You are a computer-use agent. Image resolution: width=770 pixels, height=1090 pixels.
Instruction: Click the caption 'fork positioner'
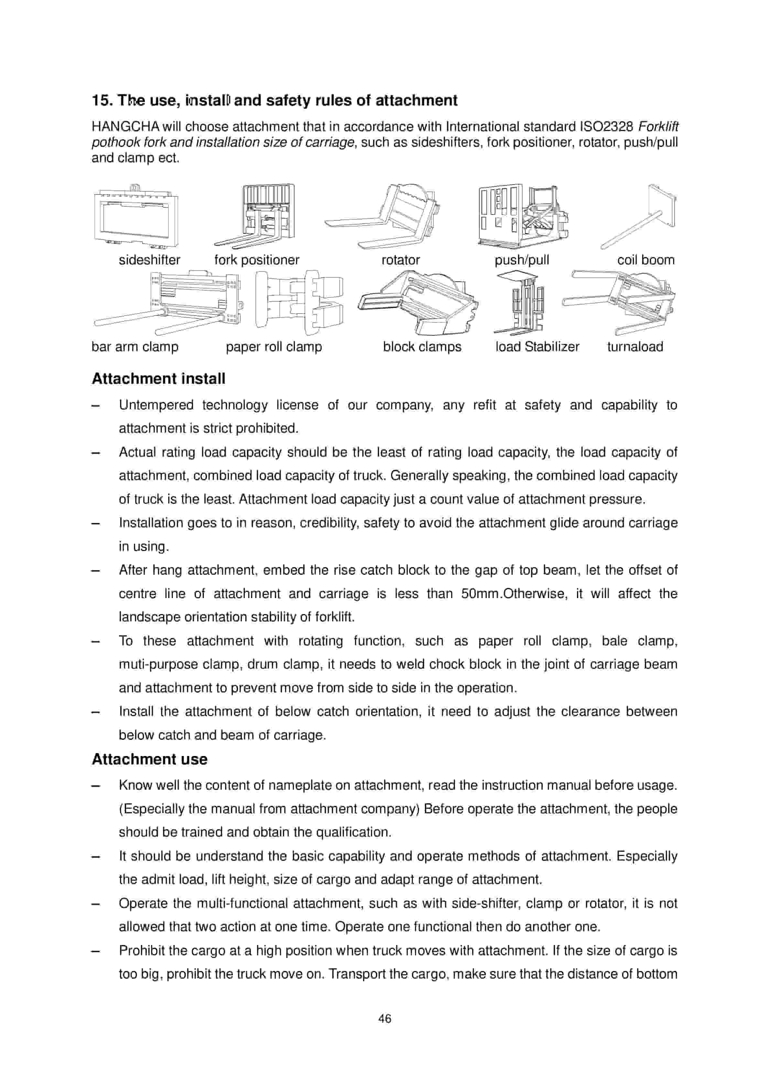point(257,260)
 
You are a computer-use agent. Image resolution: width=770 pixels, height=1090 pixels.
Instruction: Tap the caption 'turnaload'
point(635,347)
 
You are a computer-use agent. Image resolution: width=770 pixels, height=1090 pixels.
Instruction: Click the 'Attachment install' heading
point(158,379)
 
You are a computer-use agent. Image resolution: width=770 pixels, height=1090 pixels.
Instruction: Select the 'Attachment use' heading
point(149,759)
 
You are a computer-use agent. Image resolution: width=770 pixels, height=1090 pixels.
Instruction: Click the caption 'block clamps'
point(422,347)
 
